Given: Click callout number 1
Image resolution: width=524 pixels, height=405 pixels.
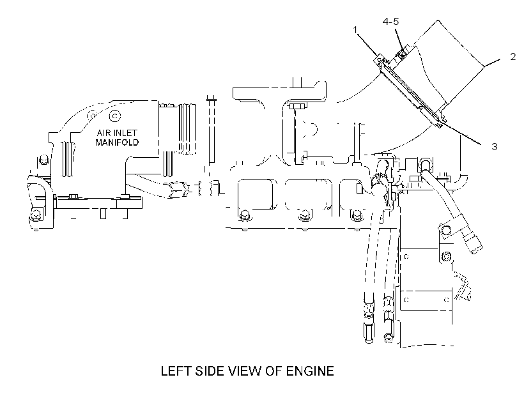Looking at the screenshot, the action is [x=355, y=31].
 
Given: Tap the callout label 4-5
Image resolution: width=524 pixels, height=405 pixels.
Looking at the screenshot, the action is [x=390, y=22].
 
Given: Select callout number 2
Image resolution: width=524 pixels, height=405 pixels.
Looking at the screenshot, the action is [x=513, y=57].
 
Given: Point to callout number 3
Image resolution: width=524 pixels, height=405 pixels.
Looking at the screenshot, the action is [x=494, y=146].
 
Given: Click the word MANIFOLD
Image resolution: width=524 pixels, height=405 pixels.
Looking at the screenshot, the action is [x=117, y=142].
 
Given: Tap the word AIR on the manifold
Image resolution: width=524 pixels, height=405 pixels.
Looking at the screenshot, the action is [x=103, y=133].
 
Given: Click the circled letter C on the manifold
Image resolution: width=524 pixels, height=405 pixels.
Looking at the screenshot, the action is [x=115, y=116].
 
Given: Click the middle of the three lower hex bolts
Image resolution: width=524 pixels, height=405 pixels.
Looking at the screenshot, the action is [x=304, y=215].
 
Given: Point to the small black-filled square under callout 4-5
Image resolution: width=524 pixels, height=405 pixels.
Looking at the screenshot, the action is [x=402, y=52].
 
